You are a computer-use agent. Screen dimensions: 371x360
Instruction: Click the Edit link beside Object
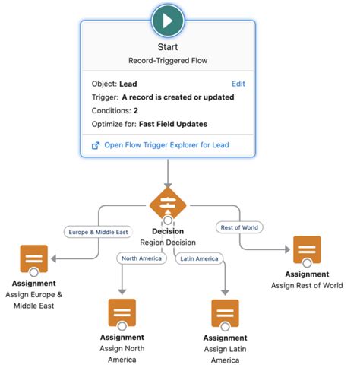[239, 84]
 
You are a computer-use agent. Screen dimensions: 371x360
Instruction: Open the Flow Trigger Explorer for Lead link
[167, 144]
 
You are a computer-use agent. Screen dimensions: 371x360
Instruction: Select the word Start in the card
[167, 47]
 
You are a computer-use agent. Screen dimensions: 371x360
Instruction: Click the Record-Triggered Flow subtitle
[167, 62]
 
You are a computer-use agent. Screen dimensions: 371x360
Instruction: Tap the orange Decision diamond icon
[167, 203]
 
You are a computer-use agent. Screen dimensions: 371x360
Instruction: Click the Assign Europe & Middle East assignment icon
[33, 258]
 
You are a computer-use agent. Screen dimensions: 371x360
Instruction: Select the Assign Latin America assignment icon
[225, 312]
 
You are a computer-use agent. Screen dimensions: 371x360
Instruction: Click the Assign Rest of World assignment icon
[308, 250]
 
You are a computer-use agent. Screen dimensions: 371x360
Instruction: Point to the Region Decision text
[167, 243]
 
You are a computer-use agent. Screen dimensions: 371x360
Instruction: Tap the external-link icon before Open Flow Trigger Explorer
[95, 144]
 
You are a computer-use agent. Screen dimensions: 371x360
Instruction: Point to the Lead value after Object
[128, 84]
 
